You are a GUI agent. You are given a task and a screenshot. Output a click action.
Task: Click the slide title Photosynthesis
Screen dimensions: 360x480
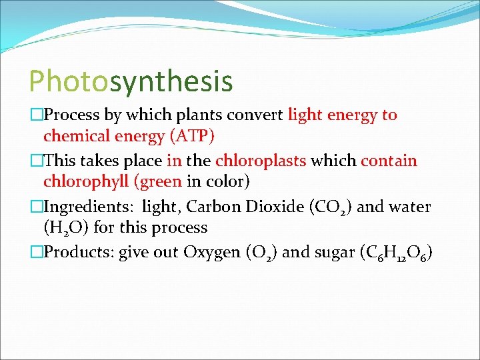click(x=131, y=81)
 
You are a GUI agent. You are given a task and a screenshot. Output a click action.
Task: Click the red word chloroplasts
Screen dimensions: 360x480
click(x=261, y=161)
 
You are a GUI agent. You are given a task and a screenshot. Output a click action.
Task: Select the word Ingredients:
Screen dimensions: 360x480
click(x=89, y=207)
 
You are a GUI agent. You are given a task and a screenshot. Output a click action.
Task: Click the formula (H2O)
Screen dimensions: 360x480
click(x=67, y=228)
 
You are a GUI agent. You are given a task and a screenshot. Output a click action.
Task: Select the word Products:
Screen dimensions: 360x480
click(x=79, y=253)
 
